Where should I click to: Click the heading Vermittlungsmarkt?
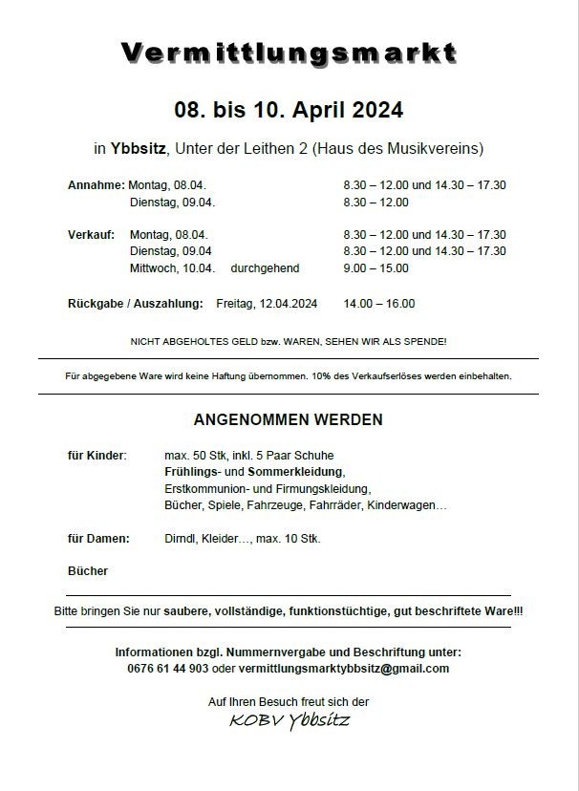pos(289,53)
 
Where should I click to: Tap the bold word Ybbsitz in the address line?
pos(136,148)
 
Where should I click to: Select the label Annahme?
pos(96,185)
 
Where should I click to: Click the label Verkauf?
pos(92,234)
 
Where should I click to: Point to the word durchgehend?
pos(265,268)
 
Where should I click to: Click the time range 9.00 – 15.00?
pos(376,268)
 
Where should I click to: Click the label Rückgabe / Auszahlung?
pos(135,304)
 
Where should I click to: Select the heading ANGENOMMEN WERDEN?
pos(288,419)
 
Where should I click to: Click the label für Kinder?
pos(96,455)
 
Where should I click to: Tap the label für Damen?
pos(98,539)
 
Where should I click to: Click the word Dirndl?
pos(181,539)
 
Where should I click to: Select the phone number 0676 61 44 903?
pos(167,669)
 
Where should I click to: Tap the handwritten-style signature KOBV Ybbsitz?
pos(289,720)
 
